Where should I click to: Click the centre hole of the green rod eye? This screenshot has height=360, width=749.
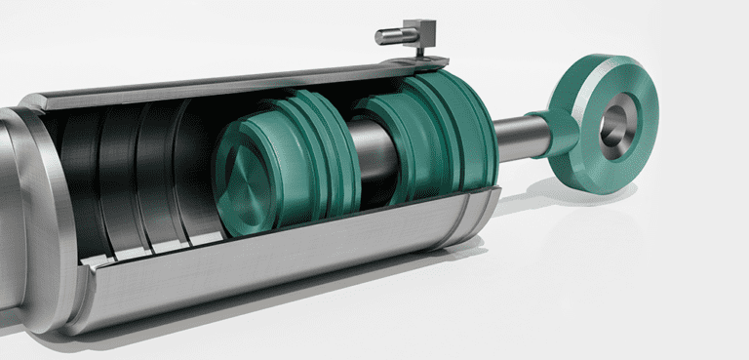click(x=614, y=124)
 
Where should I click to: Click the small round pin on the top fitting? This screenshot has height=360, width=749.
click(x=387, y=36)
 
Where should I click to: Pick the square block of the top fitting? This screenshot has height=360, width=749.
click(x=420, y=32)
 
